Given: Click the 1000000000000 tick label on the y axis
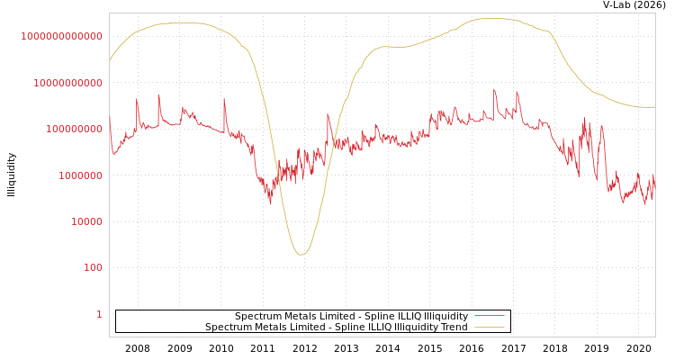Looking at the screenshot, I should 62,36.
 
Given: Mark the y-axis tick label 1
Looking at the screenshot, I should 99,314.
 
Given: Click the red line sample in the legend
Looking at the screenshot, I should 489,316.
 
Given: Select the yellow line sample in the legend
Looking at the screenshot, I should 489,327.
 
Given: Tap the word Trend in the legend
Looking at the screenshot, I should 454,327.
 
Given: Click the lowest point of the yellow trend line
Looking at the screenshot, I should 301,254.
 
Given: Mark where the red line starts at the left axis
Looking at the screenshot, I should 110,118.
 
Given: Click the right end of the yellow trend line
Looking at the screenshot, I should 654,107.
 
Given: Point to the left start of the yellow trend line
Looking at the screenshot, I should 110,60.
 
